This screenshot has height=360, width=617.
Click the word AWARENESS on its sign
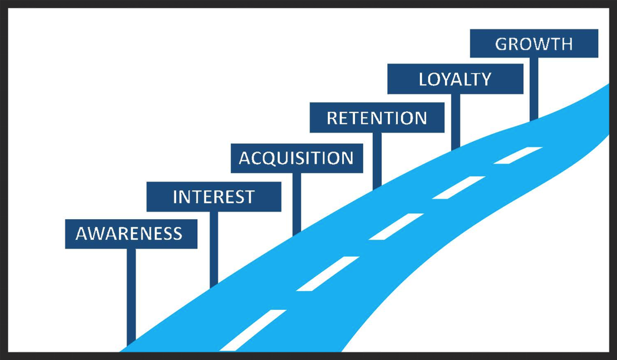(129, 234)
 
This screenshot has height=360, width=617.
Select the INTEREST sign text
(214, 197)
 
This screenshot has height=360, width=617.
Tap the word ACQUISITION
(296, 158)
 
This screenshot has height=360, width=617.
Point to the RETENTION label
(377, 118)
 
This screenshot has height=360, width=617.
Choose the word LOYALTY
(455, 80)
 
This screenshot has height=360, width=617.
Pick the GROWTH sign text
(534, 44)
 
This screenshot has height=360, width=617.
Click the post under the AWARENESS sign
(131, 295)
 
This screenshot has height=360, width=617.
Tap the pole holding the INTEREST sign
(214, 247)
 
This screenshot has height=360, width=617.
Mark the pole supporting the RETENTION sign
(377, 159)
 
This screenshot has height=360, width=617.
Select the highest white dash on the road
(518, 155)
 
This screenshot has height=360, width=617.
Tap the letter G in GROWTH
(502, 44)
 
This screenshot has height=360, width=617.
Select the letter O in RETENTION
(407, 118)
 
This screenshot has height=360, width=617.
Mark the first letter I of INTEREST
(175, 197)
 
